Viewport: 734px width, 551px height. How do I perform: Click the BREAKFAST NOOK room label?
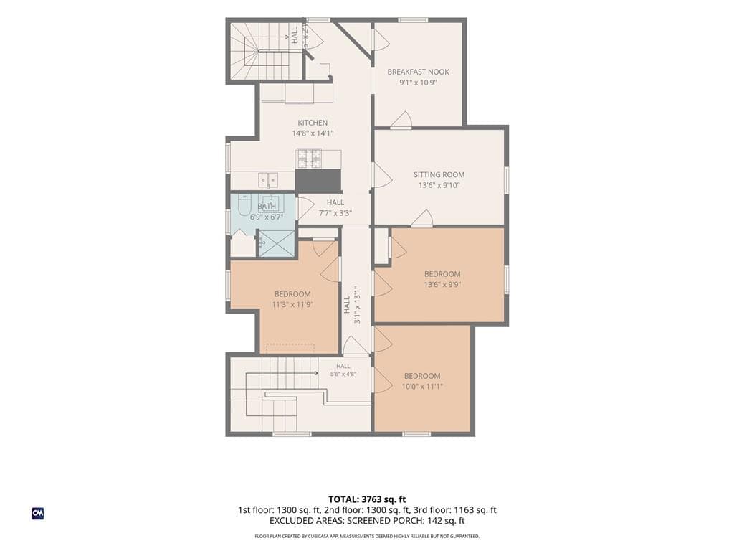pyautogui.click(x=418, y=72)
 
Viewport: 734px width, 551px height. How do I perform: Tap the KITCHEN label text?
pyautogui.click(x=313, y=123)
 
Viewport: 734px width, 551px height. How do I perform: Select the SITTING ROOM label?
pyautogui.click(x=439, y=175)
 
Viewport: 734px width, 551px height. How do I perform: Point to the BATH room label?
pyautogui.click(x=267, y=207)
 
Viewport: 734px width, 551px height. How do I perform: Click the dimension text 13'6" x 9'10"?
pyautogui.click(x=439, y=185)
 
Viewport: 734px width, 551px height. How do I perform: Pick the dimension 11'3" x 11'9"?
pyautogui.click(x=292, y=304)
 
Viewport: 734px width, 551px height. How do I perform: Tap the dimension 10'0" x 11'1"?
pyautogui.click(x=422, y=387)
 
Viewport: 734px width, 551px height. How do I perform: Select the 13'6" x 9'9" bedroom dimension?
pyautogui.click(x=442, y=284)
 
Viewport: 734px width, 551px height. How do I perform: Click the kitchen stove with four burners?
pyautogui.click(x=309, y=159)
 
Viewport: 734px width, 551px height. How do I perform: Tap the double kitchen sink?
pyautogui.click(x=268, y=179)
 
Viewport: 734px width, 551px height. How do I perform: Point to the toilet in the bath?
pyautogui.click(x=244, y=206)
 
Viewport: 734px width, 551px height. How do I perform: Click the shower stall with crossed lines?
pyautogui.click(x=277, y=243)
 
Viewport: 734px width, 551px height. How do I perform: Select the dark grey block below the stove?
pyautogui.click(x=318, y=180)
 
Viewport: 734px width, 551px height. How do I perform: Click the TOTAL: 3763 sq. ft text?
pyautogui.click(x=363, y=499)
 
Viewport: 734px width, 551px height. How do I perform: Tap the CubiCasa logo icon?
pyautogui.click(x=38, y=514)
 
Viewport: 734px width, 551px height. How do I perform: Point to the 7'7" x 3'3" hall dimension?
pyautogui.click(x=335, y=213)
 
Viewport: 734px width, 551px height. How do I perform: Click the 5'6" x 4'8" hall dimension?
pyautogui.click(x=343, y=375)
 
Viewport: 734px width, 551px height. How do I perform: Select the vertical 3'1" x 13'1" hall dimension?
pyautogui.click(x=357, y=305)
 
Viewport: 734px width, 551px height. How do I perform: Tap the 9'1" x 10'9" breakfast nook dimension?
pyautogui.click(x=418, y=83)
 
